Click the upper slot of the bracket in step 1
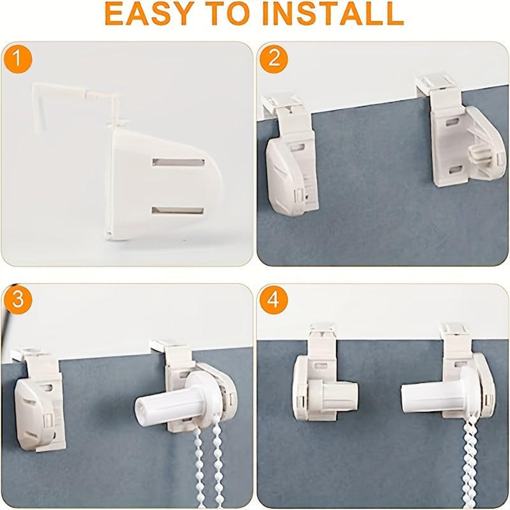[178, 163]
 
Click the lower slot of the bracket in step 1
[178, 210]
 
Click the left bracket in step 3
[38, 402]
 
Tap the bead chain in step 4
[469, 465]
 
